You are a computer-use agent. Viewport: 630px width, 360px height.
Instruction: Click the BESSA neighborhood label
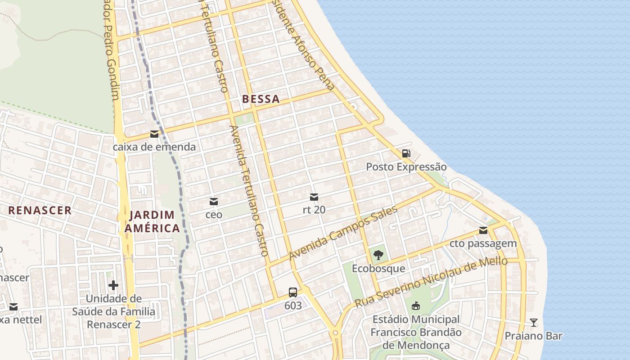(261, 99)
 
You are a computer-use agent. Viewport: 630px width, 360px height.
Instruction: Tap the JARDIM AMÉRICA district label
(152, 221)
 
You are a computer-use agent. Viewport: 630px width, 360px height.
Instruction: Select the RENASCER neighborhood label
(40, 210)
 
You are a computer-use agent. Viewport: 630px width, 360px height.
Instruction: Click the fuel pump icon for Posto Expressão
(406, 153)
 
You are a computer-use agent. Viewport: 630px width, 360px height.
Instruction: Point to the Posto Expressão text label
(406, 167)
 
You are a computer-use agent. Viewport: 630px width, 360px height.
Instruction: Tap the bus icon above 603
(293, 292)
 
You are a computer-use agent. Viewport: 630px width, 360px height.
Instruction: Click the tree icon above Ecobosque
(378, 255)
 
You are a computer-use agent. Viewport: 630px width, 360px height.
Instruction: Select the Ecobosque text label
(378, 269)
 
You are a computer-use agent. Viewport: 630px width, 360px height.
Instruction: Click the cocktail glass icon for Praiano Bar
(533, 322)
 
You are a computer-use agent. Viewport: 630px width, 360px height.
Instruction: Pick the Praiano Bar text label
(533, 336)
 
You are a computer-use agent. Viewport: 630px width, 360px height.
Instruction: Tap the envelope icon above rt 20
(314, 197)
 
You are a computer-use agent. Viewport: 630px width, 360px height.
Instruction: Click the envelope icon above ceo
(214, 201)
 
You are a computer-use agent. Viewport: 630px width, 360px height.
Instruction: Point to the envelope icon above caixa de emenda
(154, 134)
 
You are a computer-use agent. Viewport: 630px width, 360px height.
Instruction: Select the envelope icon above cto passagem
(483, 230)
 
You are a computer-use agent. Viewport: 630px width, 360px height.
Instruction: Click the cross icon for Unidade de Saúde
(113, 285)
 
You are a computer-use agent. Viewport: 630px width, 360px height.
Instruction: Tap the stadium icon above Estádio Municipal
(416, 306)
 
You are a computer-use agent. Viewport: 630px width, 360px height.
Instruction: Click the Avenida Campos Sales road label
(343, 233)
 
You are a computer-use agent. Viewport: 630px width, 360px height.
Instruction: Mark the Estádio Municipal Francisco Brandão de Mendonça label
(416, 332)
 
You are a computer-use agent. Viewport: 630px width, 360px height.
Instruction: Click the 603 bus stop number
(293, 306)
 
